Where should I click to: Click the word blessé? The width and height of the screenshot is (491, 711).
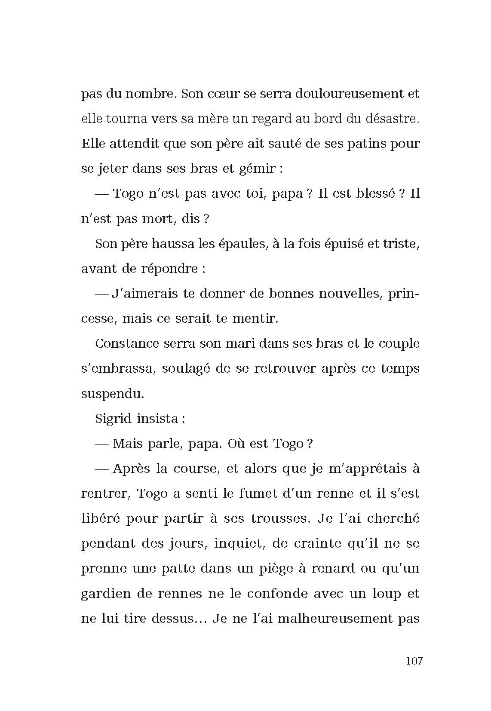tap(376, 193)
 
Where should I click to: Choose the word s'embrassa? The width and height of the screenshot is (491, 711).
tap(117, 368)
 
